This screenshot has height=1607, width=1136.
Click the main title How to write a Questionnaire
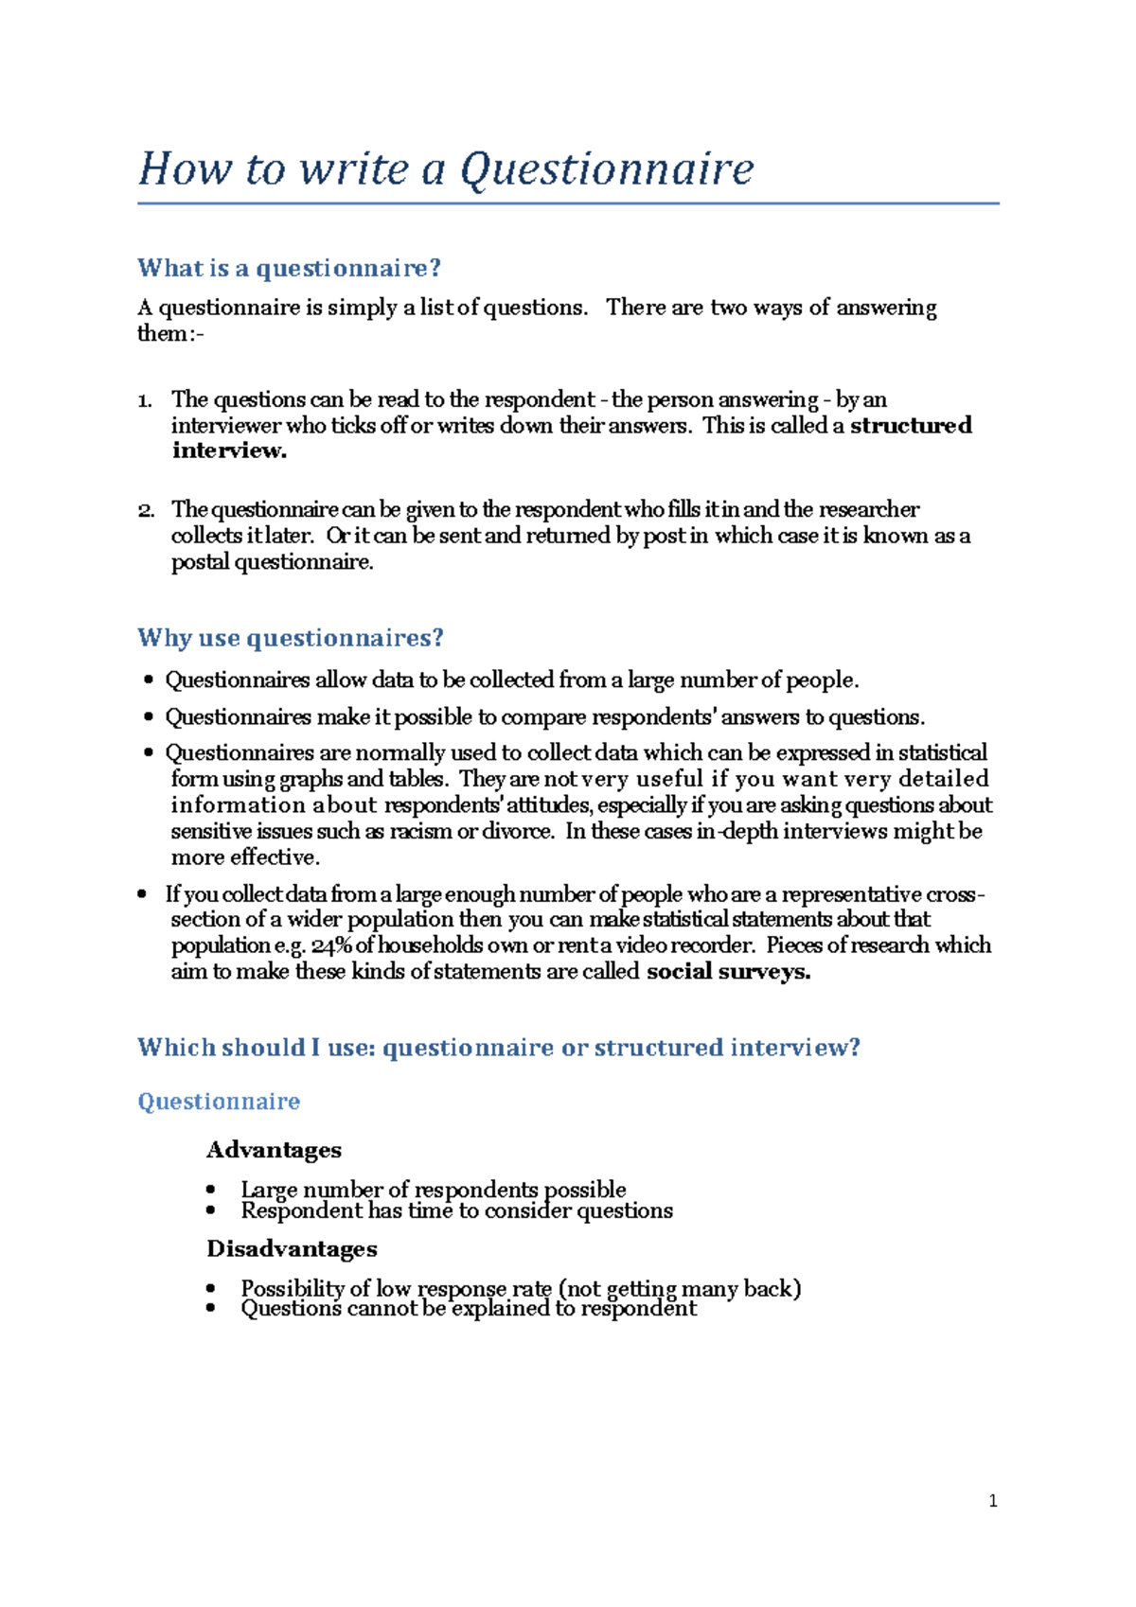pos(445,169)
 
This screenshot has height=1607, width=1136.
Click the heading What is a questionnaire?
pos(289,269)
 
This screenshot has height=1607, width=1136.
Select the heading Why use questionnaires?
pos(290,638)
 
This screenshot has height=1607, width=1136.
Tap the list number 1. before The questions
pos(145,400)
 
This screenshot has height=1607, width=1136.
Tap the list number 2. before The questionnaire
pos(145,511)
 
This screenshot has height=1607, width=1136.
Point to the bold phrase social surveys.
pos(727,972)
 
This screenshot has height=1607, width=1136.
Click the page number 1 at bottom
pos(992,1501)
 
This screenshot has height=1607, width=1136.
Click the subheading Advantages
pos(274,1150)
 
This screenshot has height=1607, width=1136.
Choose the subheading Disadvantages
pos(292,1249)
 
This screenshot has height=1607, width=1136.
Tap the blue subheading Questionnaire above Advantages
pos(219,1102)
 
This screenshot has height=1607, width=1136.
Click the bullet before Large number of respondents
pos(211,1190)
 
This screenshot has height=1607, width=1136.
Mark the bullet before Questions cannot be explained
pos(211,1309)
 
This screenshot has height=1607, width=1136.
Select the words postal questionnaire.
pos(272,563)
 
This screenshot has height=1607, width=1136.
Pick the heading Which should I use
pos(498,1048)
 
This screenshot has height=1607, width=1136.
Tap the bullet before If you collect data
pos(142,894)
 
